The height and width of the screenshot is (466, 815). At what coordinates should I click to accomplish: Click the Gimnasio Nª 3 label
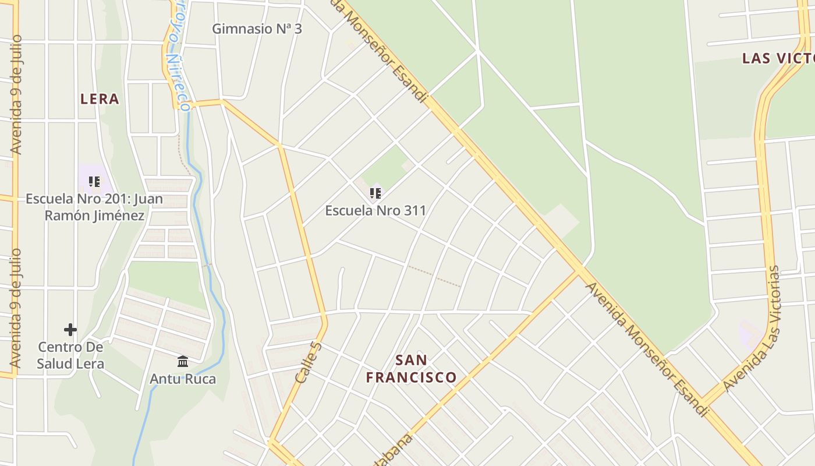click(257, 28)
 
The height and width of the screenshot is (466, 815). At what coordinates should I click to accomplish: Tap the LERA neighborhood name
click(100, 99)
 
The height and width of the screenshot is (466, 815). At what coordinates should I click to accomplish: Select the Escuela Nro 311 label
click(375, 210)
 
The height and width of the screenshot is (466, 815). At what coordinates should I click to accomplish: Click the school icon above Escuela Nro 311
click(375, 193)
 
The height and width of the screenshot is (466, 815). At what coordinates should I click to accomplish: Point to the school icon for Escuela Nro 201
click(94, 182)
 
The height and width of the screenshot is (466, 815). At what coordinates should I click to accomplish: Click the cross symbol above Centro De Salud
click(70, 330)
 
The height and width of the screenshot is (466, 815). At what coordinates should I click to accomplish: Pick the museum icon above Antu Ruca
click(183, 362)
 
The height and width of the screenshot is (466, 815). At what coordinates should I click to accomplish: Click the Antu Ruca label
click(183, 379)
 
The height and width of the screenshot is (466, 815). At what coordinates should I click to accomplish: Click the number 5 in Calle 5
click(317, 347)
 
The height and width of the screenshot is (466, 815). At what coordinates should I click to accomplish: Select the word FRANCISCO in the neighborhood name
click(412, 377)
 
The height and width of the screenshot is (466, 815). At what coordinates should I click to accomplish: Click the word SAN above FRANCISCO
click(412, 360)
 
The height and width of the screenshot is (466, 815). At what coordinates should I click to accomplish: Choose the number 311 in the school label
click(414, 210)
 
